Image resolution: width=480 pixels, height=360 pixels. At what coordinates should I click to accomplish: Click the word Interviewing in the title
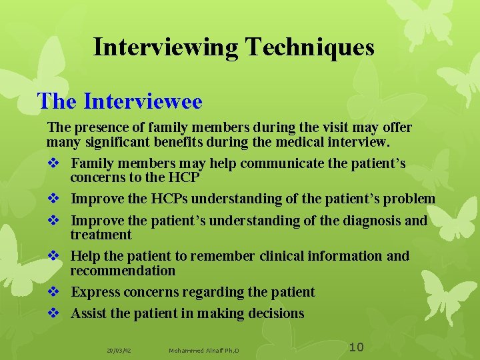tap(166, 47)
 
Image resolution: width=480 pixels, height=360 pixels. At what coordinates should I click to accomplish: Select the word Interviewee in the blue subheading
tap(143, 101)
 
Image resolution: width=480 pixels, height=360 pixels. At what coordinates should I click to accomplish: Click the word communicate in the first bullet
tap(239, 163)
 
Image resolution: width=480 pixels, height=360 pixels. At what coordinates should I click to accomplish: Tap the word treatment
tap(101, 235)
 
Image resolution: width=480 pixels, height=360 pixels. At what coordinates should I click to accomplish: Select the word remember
tap(223, 256)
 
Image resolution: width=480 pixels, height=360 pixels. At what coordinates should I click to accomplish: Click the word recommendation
tap(123, 271)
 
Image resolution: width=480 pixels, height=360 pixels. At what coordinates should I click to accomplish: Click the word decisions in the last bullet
tap(275, 313)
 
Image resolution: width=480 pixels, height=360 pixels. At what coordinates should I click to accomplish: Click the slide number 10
tap(357, 347)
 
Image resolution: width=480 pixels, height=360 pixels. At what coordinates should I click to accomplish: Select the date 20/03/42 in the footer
tap(119, 350)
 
